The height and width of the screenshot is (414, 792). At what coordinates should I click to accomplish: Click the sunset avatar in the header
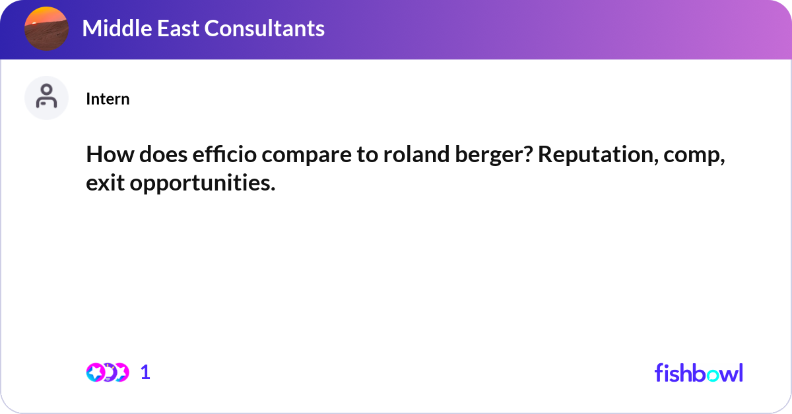tap(46, 29)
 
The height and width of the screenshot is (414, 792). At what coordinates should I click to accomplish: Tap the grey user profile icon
tap(46, 98)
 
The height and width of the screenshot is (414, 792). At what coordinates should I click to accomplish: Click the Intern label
tap(108, 99)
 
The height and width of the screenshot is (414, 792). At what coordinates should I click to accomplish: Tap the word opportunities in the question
tap(203, 184)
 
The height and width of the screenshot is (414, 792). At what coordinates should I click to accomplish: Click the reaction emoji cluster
tap(107, 372)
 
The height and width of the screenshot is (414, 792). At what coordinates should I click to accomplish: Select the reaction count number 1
tap(145, 372)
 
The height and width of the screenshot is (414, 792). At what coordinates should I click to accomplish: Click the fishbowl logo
tap(698, 372)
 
